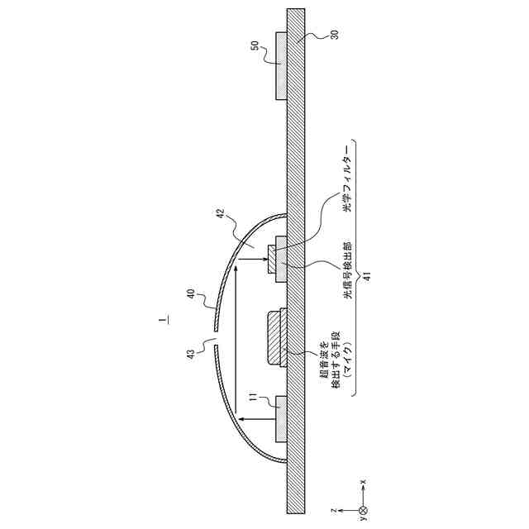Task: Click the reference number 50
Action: coord(255,45)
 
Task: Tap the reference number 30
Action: coord(334,35)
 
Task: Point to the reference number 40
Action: coord(191,293)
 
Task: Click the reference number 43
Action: coord(191,355)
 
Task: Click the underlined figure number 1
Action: coord(165,319)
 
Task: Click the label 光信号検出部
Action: coord(347,270)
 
